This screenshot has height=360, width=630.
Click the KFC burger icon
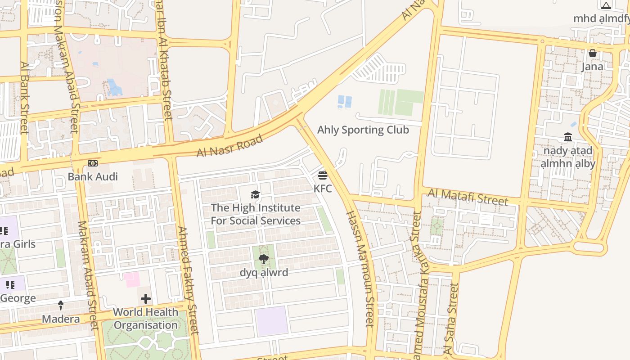coord(322,175)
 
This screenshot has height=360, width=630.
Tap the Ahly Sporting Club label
coord(363,130)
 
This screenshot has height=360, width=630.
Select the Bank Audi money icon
coord(93,163)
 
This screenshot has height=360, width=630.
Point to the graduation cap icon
coord(256,195)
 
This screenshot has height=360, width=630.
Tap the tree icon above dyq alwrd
coord(264,259)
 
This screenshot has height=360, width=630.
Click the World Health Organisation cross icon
coord(146,299)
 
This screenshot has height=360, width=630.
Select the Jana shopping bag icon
coord(592,53)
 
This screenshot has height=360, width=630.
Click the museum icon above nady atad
coord(568,137)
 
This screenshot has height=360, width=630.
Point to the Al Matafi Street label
coord(468,197)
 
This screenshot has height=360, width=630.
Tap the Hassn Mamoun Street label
coord(360,268)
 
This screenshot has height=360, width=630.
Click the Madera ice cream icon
coord(61,306)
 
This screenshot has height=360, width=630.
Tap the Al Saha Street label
coord(451,318)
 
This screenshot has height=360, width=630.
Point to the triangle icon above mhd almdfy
coord(606,6)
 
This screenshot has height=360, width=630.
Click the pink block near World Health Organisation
coord(132,279)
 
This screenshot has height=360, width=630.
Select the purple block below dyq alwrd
coord(271,321)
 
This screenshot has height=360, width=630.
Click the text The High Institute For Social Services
coord(256,214)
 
